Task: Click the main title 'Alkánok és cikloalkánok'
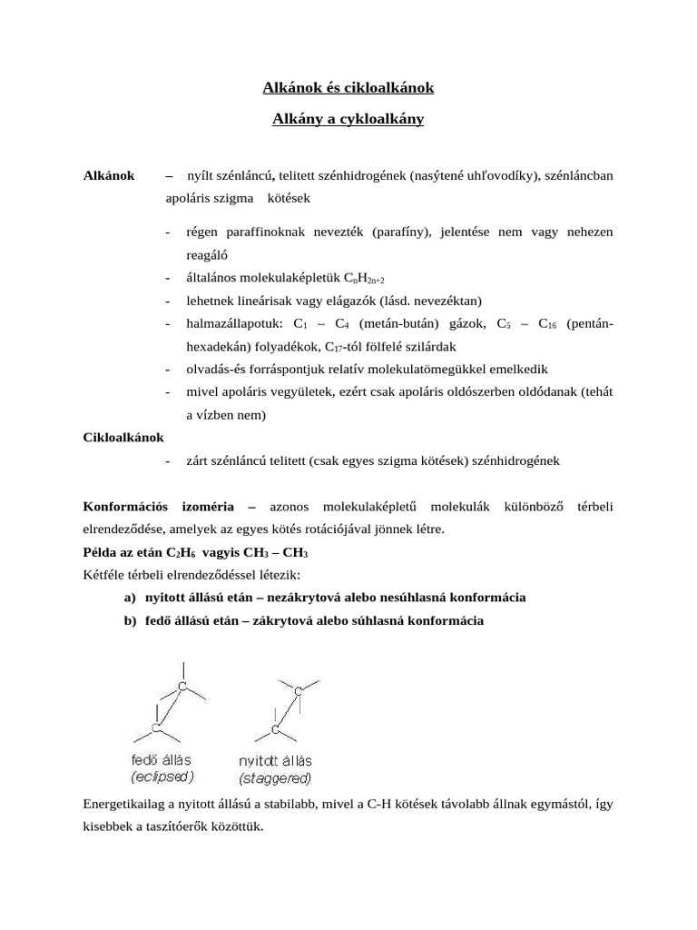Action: (348, 88)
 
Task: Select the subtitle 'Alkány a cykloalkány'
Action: (348, 119)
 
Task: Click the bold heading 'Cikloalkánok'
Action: (123, 437)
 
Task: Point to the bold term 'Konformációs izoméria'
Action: (159, 505)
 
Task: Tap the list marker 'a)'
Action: (131, 598)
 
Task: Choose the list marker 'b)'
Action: (131, 621)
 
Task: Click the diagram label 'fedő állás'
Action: (162, 759)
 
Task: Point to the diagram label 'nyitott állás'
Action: (274, 760)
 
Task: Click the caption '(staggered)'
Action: (275, 778)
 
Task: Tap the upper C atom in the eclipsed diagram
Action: (182, 688)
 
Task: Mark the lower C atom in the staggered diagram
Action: (275, 729)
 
